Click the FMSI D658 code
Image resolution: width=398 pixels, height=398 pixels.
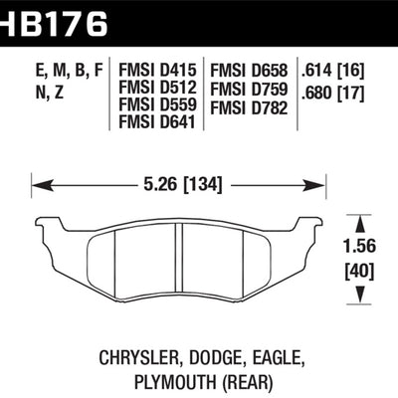[248, 71]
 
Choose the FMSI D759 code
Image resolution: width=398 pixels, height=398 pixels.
[248, 88]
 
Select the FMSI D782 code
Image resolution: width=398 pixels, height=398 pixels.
[248, 104]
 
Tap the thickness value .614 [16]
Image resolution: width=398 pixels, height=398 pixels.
[337, 71]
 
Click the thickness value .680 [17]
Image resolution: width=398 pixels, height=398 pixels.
[337, 88]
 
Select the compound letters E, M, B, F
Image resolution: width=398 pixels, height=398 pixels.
[68, 71]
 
